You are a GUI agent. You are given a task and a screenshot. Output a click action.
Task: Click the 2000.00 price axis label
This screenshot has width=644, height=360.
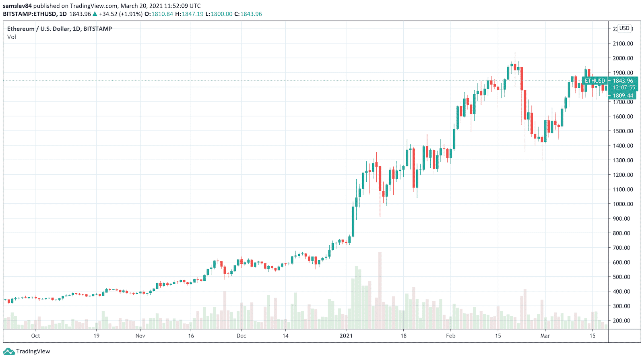[x=623, y=58]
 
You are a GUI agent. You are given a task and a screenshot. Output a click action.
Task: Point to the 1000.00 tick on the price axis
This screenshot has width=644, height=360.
[x=623, y=204]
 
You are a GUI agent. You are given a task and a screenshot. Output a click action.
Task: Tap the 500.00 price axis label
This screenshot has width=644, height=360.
[x=623, y=277]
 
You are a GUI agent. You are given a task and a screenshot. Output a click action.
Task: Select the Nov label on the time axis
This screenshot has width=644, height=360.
[x=140, y=336]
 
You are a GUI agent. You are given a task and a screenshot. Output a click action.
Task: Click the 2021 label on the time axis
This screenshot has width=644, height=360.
[x=346, y=336]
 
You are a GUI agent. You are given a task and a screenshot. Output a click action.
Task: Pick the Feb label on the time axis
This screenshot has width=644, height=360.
[x=451, y=336]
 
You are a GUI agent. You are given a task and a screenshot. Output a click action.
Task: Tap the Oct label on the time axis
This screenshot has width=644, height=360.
[x=35, y=336]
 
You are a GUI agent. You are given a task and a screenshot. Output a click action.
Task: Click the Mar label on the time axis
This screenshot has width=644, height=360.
[x=545, y=336]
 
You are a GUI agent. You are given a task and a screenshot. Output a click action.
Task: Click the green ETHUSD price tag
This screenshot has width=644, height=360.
[x=595, y=81]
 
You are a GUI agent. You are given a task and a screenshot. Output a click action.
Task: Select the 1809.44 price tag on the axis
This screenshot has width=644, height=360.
[x=623, y=96]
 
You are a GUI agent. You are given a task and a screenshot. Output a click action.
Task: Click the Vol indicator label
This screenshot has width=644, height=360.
[x=12, y=37]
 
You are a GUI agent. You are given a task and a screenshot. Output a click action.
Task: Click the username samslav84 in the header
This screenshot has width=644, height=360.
[x=17, y=6]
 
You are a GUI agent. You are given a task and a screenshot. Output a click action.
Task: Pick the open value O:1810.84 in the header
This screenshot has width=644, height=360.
[x=159, y=14]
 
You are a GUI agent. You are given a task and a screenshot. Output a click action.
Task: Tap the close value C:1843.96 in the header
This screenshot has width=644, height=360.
[x=248, y=14]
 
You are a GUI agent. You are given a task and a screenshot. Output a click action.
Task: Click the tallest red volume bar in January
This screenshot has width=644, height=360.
[x=380, y=290]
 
